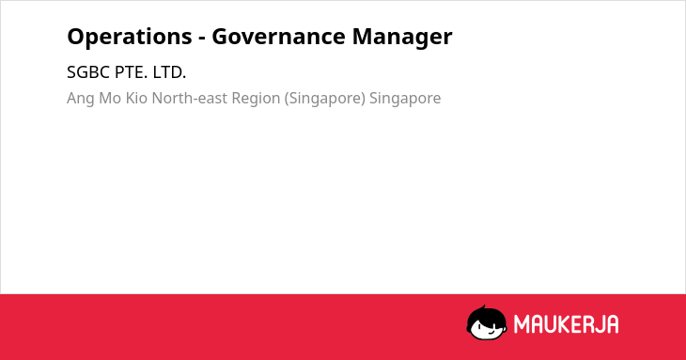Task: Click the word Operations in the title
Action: tap(130, 38)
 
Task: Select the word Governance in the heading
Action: tap(279, 37)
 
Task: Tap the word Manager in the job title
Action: tap(402, 38)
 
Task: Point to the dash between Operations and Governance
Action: tap(202, 39)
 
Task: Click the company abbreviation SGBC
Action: tap(88, 72)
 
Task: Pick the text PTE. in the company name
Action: tap(132, 72)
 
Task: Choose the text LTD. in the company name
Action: tap(169, 72)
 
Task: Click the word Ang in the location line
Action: tap(81, 99)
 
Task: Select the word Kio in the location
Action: tap(136, 98)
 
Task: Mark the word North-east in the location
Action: tap(190, 98)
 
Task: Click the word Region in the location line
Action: tap(256, 99)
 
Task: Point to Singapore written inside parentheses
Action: tap(325, 99)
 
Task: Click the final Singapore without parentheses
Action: tap(405, 99)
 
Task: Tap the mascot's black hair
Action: tap(486, 314)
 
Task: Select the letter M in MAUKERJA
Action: tap(522, 324)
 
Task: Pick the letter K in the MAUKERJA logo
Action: tap(565, 324)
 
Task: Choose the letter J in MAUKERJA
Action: tap(599, 324)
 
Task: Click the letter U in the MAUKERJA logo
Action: tap(551, 324)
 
